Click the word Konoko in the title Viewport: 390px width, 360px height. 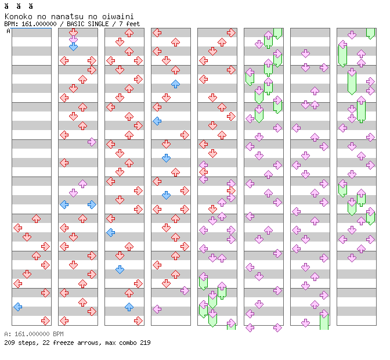[17, 16]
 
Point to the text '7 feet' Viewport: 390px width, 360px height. [129, 24]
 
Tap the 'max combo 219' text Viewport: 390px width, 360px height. [127, 343]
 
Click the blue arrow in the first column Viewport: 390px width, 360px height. [18, 307]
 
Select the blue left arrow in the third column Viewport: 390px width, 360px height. [110, 232]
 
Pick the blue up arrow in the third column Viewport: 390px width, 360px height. [129, 307]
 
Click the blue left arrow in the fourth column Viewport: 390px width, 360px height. [157, 121]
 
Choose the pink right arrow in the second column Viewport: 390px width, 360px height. [92, 142]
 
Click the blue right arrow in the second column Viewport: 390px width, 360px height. [92, 204]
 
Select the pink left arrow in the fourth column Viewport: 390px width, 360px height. [157, 309]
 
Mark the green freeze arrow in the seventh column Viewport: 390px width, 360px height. [324, 320]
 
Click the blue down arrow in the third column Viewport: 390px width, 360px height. [120, 269]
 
